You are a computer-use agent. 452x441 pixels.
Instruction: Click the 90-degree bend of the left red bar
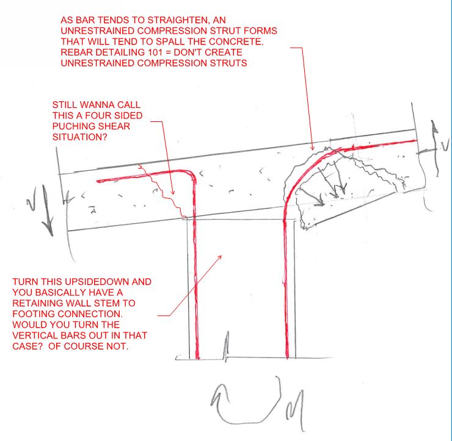point(191,177)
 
